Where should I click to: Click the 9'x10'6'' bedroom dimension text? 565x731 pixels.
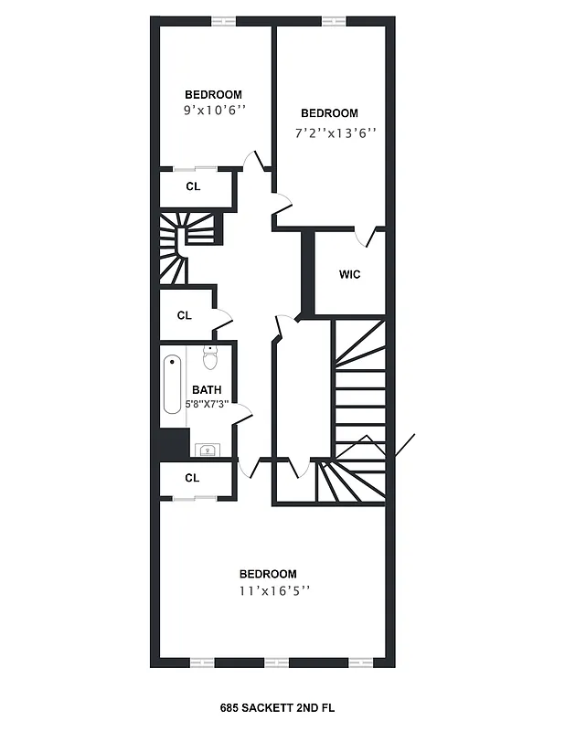coord(213,111)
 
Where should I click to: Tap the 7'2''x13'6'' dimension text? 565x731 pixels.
coord(335,132)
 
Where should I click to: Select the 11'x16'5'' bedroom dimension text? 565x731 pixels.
coord(268,590)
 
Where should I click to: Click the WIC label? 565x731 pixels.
coord(349,274)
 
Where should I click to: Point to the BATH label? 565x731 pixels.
coord(206,390)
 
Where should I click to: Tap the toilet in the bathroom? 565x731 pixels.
coord(209,355)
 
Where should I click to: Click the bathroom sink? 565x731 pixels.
coord(207,449)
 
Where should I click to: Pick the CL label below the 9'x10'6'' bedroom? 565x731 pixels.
coord(193,186)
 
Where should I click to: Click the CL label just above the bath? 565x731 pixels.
coord(185,315)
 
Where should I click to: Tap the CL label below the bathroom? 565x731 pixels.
coord(192,478)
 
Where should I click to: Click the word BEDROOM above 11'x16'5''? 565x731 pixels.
coord(268,574)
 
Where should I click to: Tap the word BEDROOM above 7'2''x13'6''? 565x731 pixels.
coord(329,113)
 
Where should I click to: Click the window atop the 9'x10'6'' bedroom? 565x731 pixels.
coord(223,21)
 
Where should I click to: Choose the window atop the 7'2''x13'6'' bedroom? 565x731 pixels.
coord(334,21)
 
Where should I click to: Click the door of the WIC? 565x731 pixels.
coord(371,237)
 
